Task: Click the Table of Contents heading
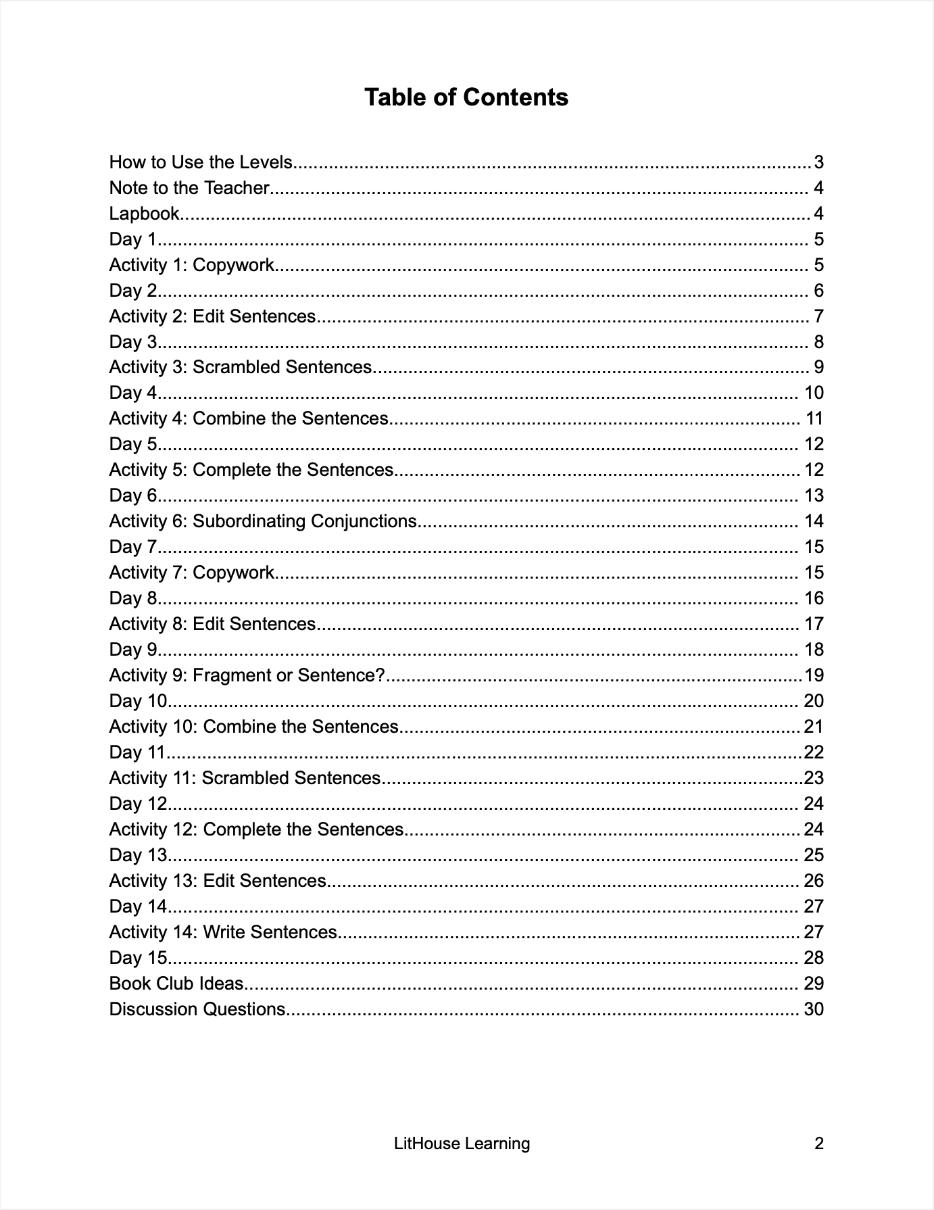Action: pyautogui.click(x=466, y=97)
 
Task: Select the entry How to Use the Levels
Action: pyautogui.click(x=201, y=162)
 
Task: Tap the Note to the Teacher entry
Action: pyautogui.click(x=189, y=188)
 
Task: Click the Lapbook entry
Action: pyautogui.click(x=145, y=214)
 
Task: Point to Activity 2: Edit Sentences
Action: pyautogui.click(x=212, y=316)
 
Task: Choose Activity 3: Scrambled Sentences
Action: pyautogui.click(x=241, y=367)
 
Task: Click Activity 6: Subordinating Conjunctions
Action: pyautogui.click(x=263, y=521)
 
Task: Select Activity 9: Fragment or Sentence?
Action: pyautogui.click(x=247, y=675)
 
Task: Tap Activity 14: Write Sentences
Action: pyautogui.click(x=223, y=932)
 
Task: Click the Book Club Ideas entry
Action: pyautogui.click(x=176, y=984)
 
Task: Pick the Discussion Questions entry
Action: pyautogui.click(x=197, y=1009)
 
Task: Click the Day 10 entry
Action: pyautogui.click(x=138, y=701)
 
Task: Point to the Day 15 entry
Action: pyautogui.click(x=138, y=958)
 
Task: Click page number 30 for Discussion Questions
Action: pyautogui.click(x=814, y=1009)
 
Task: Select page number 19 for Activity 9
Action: pyautogui.click(x=814, y=675)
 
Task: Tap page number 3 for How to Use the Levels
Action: pyautogui.click(x=818, y=162)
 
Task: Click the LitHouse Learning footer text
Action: pyautogui.click(x=462, y=1144)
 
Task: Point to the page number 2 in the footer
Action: pyautogui.click(x=819, y=1144)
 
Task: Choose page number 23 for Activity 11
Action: pyautogui.click(x=814, y=778)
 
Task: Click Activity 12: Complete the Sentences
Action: pyautogui.click(x=256, y=829)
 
